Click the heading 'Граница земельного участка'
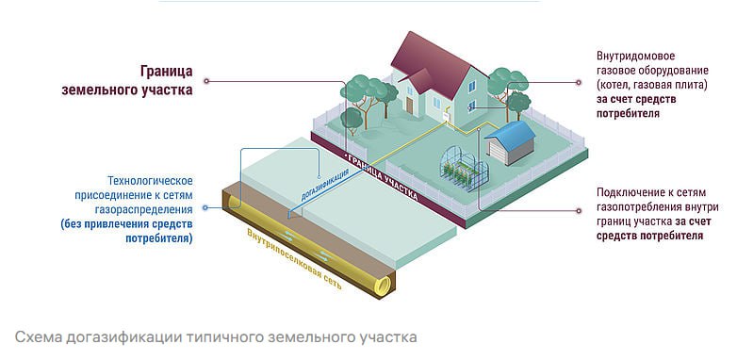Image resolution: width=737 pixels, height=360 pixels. pyautogui.click(x=128, y=81)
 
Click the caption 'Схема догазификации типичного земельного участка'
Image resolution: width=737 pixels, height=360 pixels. pyautogui.click(x=216, y=336)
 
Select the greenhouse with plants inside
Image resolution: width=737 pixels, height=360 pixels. pyautogui.click(x=466, y=171)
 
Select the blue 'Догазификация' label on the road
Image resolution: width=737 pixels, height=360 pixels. pyautogui.click(x=324, y=183)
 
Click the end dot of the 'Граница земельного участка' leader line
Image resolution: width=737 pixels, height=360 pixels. pyautogui.click(x=206, y=82)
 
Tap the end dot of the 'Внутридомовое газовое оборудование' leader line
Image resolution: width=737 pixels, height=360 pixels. pyautogui.click(x=579, y=82)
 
